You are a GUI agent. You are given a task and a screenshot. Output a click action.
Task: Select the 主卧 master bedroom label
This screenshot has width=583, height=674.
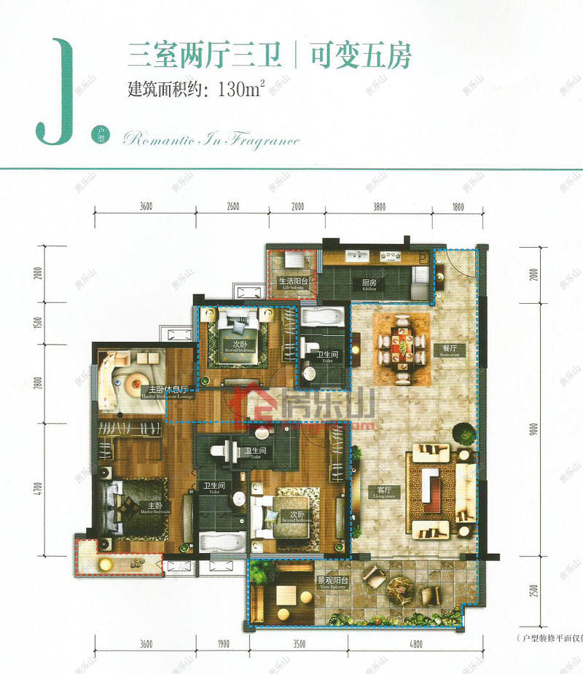click(154, 506)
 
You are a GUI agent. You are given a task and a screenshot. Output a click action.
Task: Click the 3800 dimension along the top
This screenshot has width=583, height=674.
click(379, 207)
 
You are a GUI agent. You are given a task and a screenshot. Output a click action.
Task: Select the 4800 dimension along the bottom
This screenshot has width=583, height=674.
click(417, 644)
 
